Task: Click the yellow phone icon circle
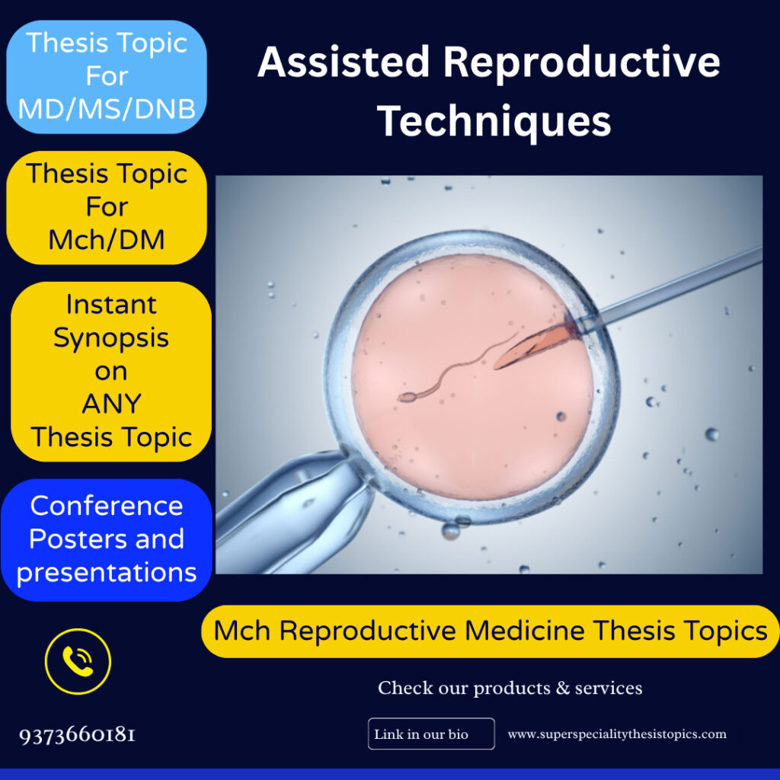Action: (x=78, y=661)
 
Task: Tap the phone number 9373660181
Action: (x=78, y=735)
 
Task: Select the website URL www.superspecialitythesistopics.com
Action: (x=617, y=734)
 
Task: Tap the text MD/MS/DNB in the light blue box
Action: (x=107, y=108)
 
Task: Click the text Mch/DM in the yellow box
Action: (x=107, y=240)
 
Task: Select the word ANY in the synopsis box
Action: (x=111, y=404)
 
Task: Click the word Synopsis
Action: (x=111, y=337)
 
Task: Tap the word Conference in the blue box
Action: (x=107, y=506)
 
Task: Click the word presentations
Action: (x=107, y=572)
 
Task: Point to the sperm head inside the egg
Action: (x=406, y=397)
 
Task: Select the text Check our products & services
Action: (x=510, y=688)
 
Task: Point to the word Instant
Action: (x=111, y=304)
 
